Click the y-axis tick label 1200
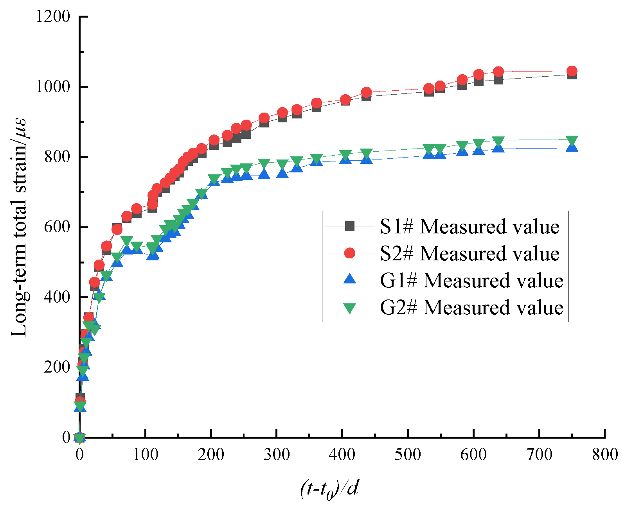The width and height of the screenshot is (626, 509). click(x=53, y=17)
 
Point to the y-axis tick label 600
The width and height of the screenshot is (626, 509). click(x=57, y=227)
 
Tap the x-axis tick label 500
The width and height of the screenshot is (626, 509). click(x=408, y=455)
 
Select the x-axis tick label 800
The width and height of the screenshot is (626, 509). click(x=605, y=455)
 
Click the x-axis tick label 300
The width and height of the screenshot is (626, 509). click(x=277, y=455)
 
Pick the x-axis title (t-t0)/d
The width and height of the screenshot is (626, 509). click(x=329, y=489)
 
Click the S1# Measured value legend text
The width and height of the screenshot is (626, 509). click(x=469, y=227)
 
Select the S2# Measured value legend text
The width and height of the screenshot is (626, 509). click(x=469, y=254)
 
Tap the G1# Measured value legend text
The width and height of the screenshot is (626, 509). click(x=471, y=281)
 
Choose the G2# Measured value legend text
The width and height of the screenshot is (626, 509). click(x=471, y=308)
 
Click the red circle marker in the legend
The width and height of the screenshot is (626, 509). click(x=349, y=253)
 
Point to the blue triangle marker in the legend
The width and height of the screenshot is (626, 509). click(x=349, y=280)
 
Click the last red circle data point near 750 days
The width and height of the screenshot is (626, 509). click(x=572, y=71)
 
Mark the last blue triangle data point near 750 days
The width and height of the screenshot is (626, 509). click(x=572, y=147)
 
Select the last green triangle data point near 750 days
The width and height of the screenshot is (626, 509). click(x=572, y=140)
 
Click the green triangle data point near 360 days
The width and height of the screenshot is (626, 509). click(x=317, y=159)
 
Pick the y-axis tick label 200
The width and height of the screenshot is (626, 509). click(x=57, y=367)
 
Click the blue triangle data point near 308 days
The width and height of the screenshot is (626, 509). click(x=282, y=173)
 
